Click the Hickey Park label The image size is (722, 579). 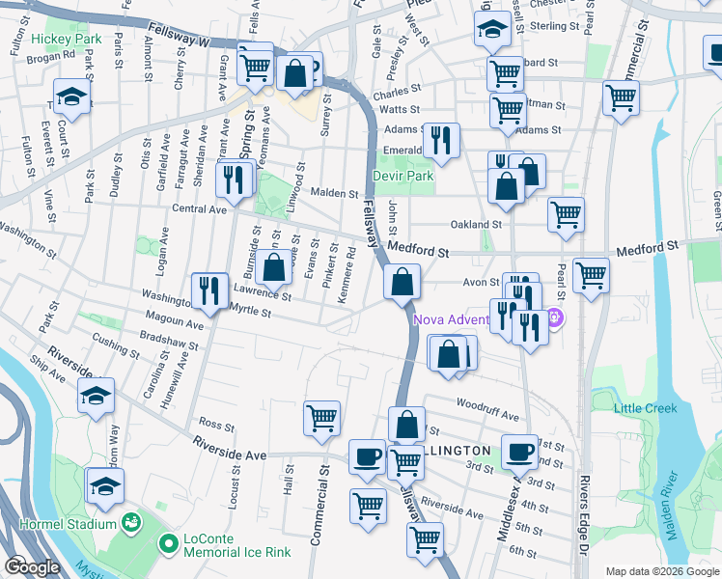click(x=65, y=39)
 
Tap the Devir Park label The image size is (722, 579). click(x=403, y=177)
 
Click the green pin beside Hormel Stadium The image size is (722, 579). click(x=131, y=523)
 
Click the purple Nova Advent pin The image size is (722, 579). click(x=554, y=317)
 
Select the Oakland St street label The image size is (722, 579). click(x=477, y=224)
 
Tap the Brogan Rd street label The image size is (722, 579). click(x=52, y=57)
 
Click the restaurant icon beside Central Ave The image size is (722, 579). click(x=234, y=179)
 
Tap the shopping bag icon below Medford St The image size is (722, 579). click(x=401, y=282)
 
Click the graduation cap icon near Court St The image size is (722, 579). click(x=71, y=96)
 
